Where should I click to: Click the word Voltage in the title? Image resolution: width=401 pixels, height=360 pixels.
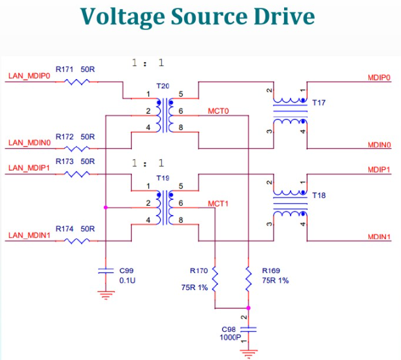(x=123, y=17)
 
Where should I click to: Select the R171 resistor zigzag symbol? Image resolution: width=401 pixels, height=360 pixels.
(x=76, y=82)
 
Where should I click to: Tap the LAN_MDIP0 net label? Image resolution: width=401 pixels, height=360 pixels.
(x=29, y=76)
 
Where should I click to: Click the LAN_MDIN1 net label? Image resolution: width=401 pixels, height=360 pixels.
(x=29, y=235)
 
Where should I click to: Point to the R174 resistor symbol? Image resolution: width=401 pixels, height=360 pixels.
(x=76, y=241)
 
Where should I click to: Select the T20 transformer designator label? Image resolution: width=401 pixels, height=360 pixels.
(x=163, y=86)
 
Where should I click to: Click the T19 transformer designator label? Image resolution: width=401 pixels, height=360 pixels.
(x=163, y=178)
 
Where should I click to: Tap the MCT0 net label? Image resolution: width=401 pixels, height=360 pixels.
(x=218, y=111)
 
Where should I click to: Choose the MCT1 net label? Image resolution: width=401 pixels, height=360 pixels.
(x=218, y=204)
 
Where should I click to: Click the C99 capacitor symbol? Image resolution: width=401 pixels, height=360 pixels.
(x=106, y=271)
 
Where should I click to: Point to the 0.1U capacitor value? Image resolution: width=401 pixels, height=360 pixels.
(x=127, y=281)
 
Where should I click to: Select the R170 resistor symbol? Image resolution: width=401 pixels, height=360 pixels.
(x=215, y=280)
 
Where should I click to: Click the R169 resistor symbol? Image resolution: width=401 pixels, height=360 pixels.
(x=248, y=280)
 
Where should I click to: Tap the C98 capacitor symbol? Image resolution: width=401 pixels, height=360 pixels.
(x=248, y=329)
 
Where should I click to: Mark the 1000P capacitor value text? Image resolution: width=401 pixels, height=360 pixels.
(x=230, y=338)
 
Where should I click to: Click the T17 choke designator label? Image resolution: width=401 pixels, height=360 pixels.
(x=319, y=103)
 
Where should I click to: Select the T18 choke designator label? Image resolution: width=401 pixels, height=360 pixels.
(x=319, y=195)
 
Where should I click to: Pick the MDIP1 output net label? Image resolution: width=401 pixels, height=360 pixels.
(x=379, y=170)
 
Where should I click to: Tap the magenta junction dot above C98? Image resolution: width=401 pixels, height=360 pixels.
(x=248, y=308)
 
